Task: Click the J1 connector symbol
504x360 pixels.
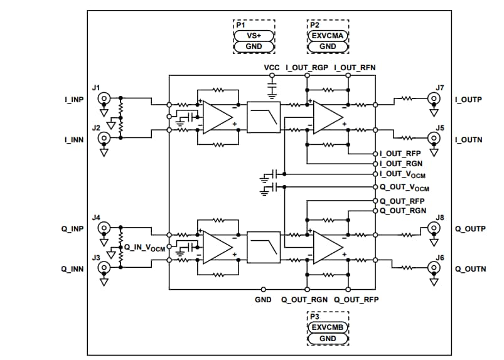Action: (x=104, y=98)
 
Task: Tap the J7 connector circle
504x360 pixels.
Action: (x=432, y=98)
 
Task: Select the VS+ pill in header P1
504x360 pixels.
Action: (x=254, y=35)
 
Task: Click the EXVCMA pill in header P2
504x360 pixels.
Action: (x=328, y=35)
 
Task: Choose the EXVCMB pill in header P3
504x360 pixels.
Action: (x=328, y=327)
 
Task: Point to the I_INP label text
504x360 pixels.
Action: (x=73, y=99)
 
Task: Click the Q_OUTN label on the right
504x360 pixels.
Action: (x=470, y=269)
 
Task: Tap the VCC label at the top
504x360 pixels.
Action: (x=272, y=66)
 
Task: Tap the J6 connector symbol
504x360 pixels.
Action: (x=432, y=268)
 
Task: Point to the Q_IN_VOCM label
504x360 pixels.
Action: (x=145, y=248)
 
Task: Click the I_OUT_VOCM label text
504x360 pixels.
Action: (x=405, y=174)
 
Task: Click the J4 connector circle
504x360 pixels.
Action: (x=104, y=228)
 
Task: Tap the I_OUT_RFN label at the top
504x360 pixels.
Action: (x=355, y=66)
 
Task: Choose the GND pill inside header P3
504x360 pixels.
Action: (x=328, y=339)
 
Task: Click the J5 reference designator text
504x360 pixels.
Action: (x=440, y=127)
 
